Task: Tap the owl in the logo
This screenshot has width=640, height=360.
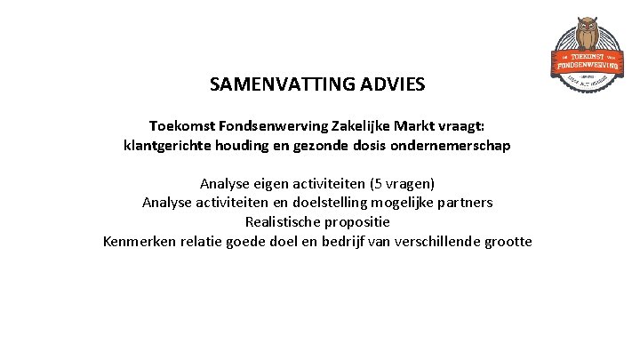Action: tap(585, 34)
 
